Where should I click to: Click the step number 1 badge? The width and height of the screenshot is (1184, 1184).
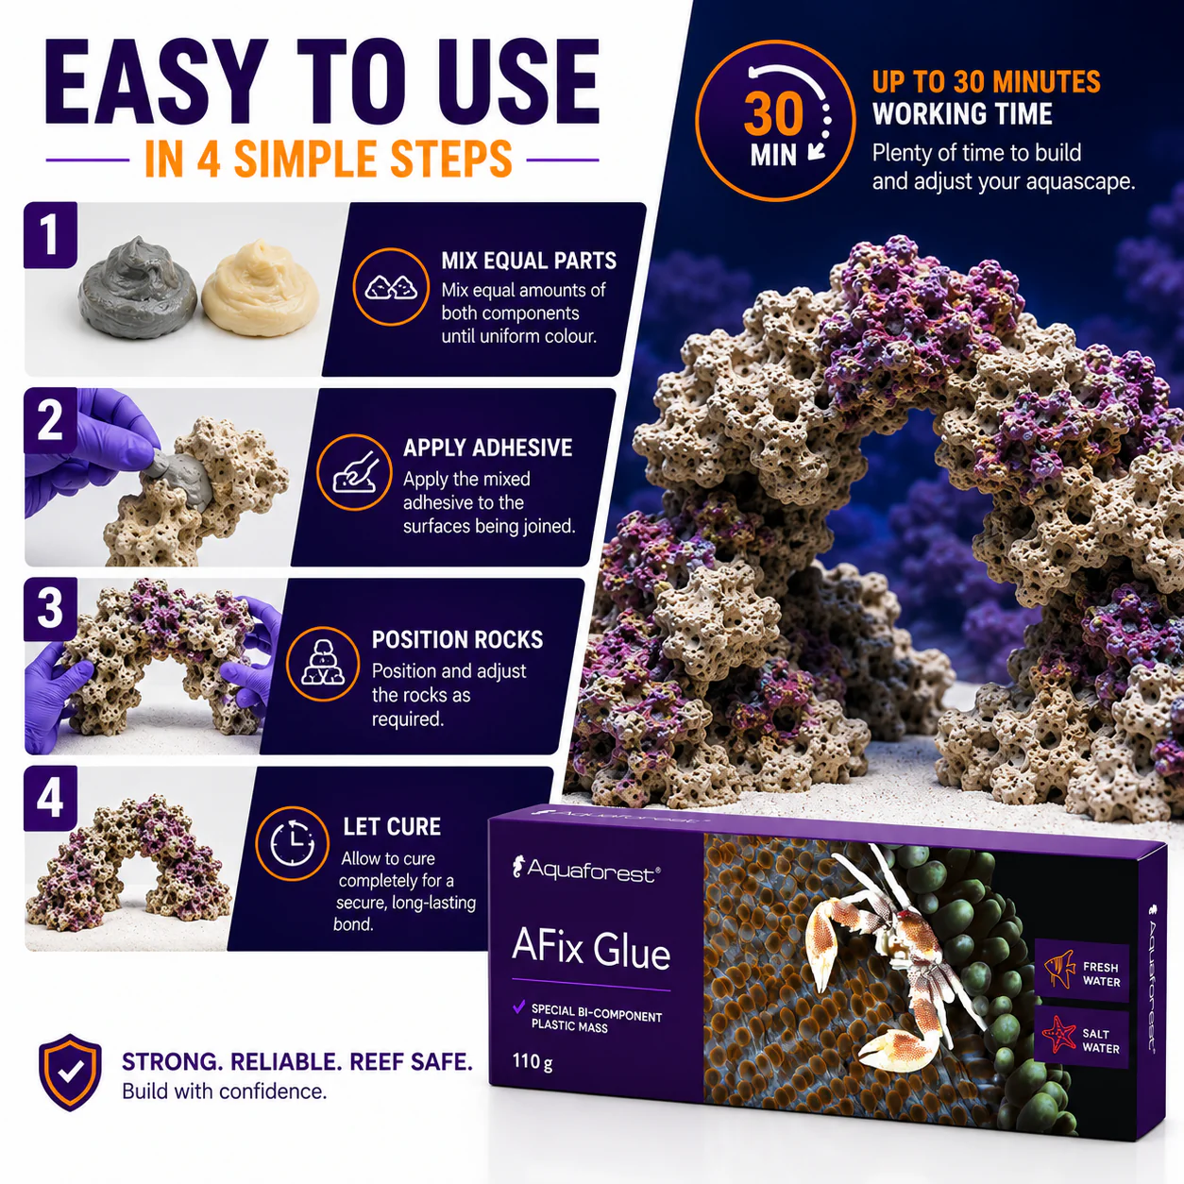50,235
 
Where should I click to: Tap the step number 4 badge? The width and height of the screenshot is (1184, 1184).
50,798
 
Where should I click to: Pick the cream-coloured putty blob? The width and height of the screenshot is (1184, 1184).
261,289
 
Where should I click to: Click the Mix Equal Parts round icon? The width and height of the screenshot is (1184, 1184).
391,286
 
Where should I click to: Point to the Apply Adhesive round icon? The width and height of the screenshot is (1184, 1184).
354,472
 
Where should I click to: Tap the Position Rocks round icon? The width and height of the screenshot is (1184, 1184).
323,664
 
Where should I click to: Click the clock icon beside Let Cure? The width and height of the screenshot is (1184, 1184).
293,843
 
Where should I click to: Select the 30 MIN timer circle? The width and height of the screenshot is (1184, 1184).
775,121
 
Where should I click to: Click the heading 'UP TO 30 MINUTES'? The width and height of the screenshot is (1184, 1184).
986,82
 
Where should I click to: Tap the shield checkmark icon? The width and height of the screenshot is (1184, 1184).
70,1072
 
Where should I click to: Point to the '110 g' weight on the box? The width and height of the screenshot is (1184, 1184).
533,1062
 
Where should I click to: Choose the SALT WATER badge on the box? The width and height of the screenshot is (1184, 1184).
1081,1038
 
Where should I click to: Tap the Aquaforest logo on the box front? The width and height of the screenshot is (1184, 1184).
586,870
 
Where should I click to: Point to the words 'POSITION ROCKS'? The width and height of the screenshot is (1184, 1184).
457,639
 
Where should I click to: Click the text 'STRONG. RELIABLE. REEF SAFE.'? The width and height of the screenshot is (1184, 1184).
297,1062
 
